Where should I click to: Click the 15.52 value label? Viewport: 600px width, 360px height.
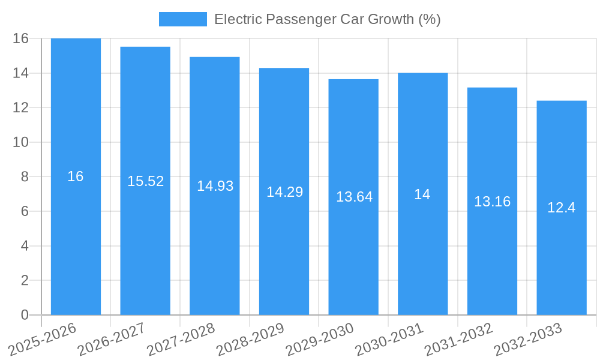(145, 181)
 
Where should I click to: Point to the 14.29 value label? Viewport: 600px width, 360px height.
(284, 192)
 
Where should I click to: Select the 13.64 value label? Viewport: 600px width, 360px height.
(354, 197)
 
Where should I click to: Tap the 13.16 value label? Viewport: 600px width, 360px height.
(492, 202)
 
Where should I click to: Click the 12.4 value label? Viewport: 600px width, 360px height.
(562, 208)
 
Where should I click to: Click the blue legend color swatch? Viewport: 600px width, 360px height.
(182, 19)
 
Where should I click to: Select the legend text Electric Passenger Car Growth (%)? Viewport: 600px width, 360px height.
(327, 19)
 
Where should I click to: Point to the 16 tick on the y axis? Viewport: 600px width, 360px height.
(20, 38)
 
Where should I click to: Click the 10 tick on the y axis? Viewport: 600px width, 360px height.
(20, 142)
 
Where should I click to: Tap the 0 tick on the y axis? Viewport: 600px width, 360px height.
(24, 315)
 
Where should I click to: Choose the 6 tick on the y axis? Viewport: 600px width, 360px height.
(24, 211)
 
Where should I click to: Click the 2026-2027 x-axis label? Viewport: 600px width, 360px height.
(111, 339)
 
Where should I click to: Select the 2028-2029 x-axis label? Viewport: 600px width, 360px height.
(250, 339)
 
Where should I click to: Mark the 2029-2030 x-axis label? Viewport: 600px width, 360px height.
(319, 339)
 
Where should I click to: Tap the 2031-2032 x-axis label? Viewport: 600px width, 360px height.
(458, 339)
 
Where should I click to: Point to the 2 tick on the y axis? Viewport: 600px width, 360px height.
(24, 280)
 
